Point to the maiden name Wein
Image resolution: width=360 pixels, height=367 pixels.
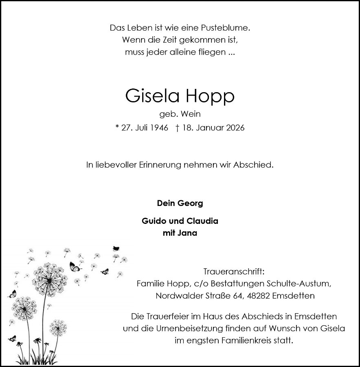(191, 115)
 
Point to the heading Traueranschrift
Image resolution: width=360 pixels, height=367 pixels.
(234, 271)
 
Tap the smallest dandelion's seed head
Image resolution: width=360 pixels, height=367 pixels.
(58, 327)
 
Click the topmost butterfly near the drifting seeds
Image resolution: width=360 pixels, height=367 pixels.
(116, 248)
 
